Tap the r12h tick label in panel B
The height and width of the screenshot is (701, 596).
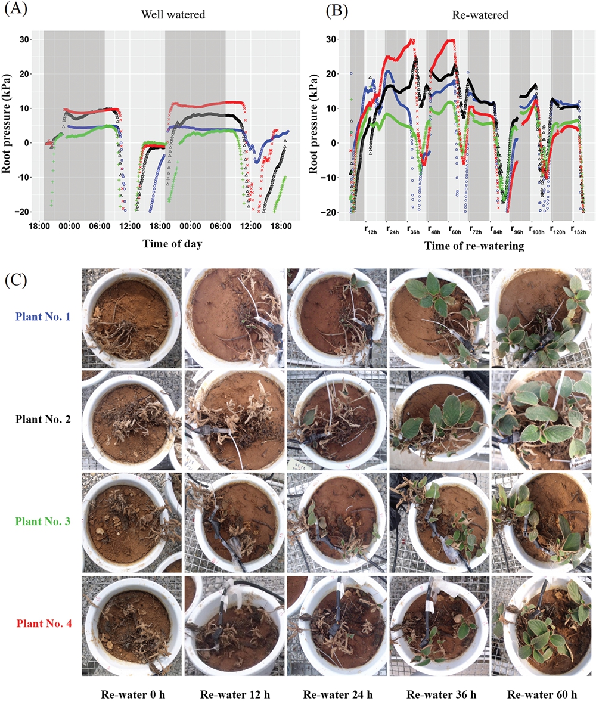pyautogui.click(x=372, y=228)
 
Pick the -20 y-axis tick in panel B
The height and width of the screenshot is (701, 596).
pyautogui.click(x=334, y=212)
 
